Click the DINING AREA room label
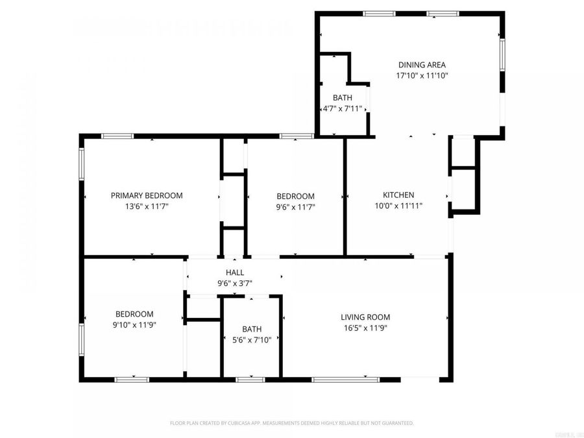[422, 65]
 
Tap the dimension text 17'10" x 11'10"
[422, 75]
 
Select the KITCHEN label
[398, 195]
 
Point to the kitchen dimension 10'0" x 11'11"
[398, 206]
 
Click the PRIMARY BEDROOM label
[147, 195]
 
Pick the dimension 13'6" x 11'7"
[147, 206]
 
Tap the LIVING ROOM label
[365, 317]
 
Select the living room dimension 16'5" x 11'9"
[365, 328]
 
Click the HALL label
[235, 273]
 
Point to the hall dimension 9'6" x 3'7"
[235, 283]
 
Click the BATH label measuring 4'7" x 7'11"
[343, 98]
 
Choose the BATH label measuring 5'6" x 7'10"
[252, 329]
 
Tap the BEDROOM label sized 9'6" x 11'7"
[295, 196]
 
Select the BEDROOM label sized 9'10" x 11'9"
[134, 314]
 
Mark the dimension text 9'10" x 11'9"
[134, 325]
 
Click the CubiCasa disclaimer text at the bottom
[291, 423]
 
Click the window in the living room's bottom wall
[346, 379]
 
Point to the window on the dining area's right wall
[502, 55]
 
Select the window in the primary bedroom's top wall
[117, 136]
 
